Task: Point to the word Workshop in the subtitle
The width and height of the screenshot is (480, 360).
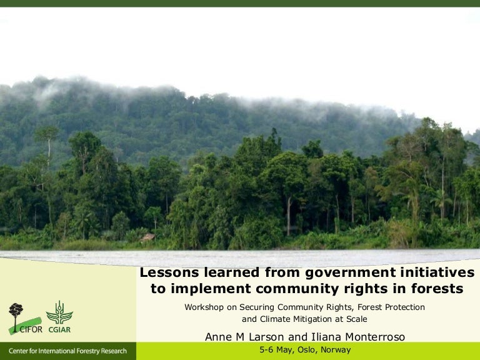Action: pos(204,307)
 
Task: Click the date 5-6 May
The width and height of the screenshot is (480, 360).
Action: pos(276,350)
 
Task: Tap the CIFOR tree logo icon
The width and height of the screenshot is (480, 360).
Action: pos(16,312)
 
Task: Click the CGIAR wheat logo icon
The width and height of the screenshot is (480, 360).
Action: pos(59,312)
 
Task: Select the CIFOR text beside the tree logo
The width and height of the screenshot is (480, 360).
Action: pos(31,330)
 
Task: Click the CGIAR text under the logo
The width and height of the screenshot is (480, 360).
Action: pos(61,330)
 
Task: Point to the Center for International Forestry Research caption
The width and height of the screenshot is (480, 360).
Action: pos(67,351)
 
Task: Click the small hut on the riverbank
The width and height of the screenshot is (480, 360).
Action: pos(148,237)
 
